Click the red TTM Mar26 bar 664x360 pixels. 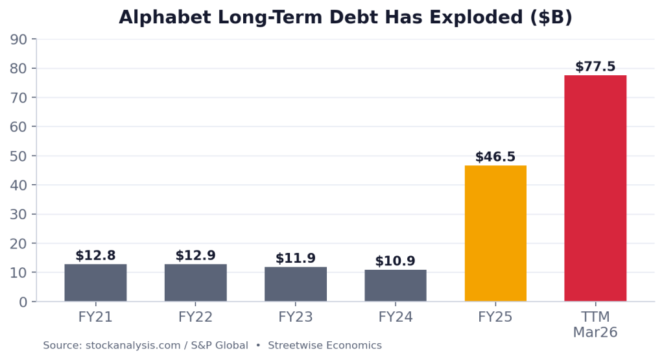click(595, 189)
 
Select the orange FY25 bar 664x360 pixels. click(495, 234)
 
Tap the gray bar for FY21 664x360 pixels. click(96, 283)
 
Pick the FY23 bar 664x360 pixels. click(296, 284)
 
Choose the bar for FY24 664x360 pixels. click(396, 285)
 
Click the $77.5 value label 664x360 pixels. click(595, 67)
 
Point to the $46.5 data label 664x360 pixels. click(495, 157)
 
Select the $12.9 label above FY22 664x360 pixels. click(196, 256)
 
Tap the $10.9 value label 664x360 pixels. click(396, 261)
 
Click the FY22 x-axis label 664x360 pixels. click(196, 317)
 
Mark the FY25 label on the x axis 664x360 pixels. click(495, 317)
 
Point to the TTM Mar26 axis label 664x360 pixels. click(595, 324)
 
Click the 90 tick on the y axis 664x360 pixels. click(18, 40)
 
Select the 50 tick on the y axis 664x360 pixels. click(18, 156)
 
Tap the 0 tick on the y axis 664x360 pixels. click(23, 302)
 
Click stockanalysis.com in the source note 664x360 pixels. click(133, 346)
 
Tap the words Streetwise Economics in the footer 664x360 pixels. click(325, 346)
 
